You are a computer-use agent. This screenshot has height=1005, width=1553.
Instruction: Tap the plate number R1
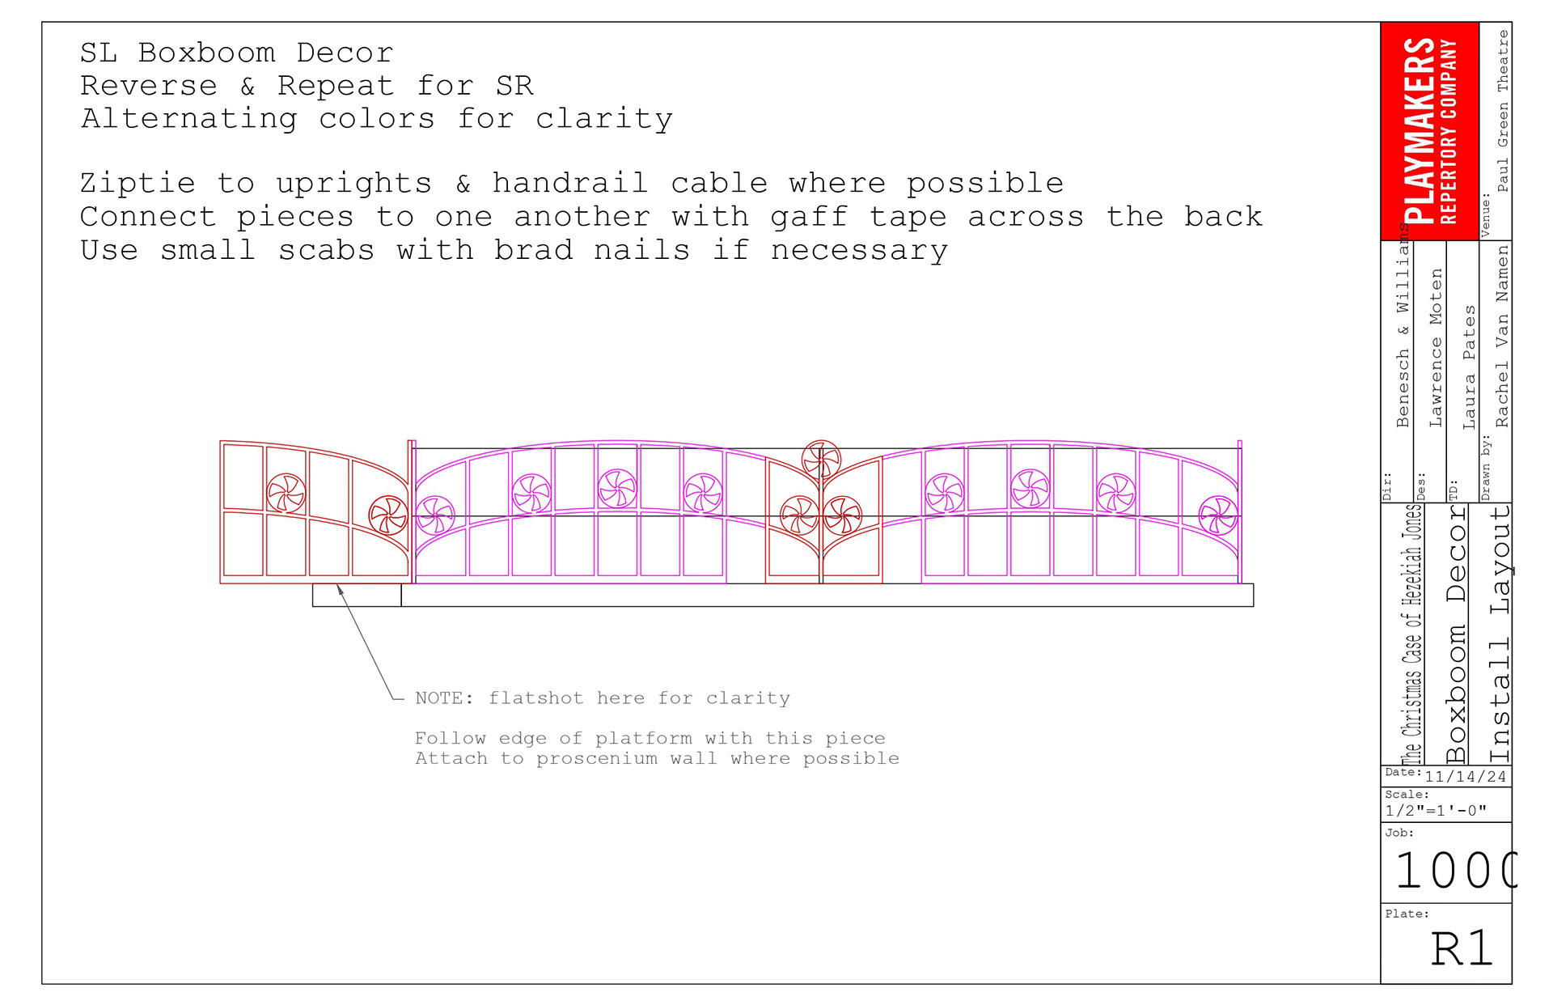tap(1461, 948)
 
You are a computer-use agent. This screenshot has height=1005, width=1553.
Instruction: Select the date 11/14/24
tap(1465, 777)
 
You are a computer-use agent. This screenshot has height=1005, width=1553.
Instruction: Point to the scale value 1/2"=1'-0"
tap(1436, 811)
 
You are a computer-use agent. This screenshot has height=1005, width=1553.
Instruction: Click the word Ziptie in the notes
tap(138, 184)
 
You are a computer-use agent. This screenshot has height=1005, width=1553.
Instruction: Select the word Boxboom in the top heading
tap(206, 53)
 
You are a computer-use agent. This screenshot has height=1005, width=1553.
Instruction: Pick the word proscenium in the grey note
tap(596, 758)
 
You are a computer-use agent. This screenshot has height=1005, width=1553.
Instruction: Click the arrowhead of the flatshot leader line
tap(341, 590)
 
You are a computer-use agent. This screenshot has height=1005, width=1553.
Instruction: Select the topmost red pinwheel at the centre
tap(821, 460)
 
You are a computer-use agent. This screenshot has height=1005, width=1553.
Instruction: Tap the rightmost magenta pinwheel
tap(1217, 515)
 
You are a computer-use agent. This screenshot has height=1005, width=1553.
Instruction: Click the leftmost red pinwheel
tap(286, 493)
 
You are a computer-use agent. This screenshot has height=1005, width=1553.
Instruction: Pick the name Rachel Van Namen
tap(1502, 336)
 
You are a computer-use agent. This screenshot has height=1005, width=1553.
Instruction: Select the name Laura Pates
tap(1469, 367)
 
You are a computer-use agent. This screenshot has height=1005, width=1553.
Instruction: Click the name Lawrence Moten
tap(1436, 348)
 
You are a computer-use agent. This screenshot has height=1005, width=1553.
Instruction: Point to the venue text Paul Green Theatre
tap(1502, 111)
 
